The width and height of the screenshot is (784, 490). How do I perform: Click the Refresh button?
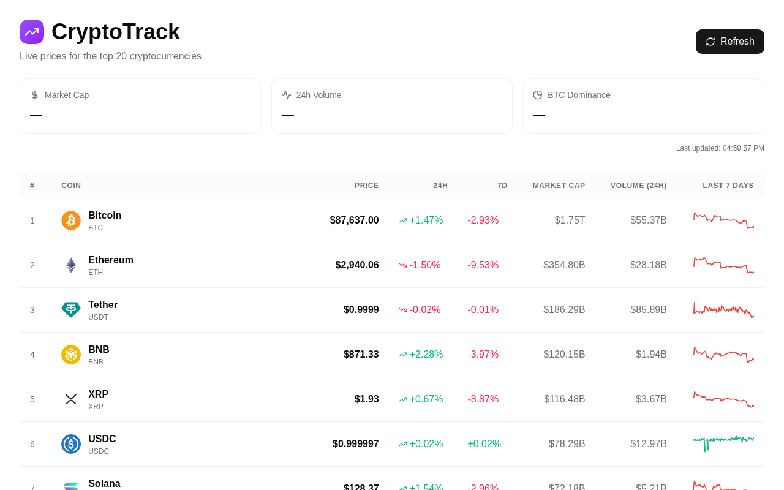tap(729, 42)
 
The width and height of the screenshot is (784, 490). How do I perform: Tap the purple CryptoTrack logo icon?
tap(32, 32)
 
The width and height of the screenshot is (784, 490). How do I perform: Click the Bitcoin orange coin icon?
tap(71, 221)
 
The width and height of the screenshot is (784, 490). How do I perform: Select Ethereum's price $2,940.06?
tap(356, 265)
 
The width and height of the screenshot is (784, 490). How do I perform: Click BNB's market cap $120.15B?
tap(563, 355)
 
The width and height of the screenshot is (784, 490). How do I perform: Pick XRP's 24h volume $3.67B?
tap(650, 399)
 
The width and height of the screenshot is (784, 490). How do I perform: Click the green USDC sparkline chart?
tap(723, 443)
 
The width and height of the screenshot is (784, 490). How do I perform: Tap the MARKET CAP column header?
tap(559, 186)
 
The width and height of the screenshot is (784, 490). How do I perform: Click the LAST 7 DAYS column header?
tap(728, 186)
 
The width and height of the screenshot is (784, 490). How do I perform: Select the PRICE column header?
tap(366, 186)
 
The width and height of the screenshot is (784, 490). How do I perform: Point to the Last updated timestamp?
tap(720, 148)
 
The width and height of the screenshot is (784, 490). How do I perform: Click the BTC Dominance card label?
tap(579, 95)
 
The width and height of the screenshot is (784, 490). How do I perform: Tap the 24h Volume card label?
tap(318, 95)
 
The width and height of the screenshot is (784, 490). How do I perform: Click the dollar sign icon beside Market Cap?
tap(35, 95)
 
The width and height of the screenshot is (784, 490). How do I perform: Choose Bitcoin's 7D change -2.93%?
tap(483, 221)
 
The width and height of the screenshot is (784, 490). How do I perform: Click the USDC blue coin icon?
tap(71, 444)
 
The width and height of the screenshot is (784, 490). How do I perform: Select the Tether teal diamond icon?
tap(71, 310)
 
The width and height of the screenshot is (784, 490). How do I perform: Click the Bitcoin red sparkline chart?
tap(723, 221)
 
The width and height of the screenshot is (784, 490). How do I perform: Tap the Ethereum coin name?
tap(111, 260)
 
